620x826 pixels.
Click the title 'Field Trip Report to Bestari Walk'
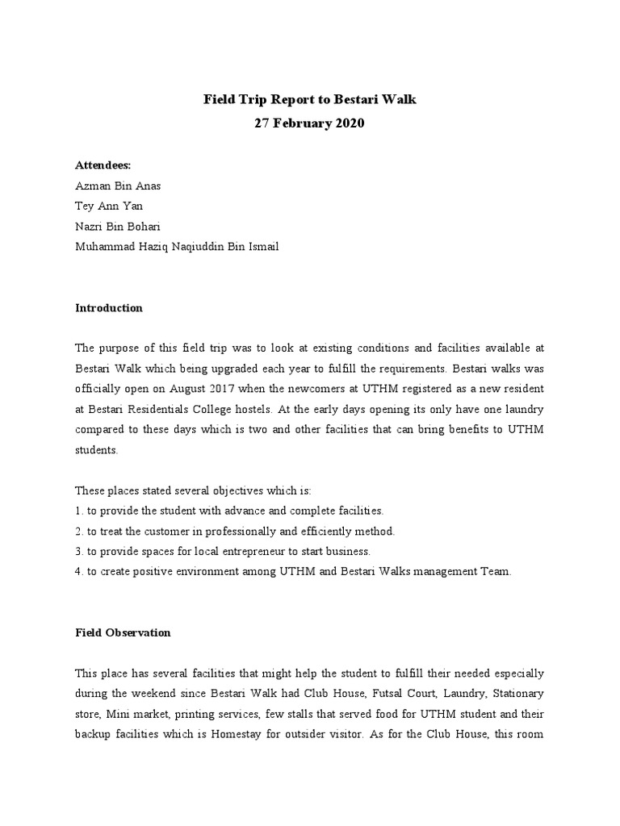309,100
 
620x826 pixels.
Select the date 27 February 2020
309,124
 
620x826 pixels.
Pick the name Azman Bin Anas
118,186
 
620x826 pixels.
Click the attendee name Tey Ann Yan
109,206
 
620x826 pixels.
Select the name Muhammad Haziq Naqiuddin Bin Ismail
177,247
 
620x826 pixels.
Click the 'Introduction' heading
109,308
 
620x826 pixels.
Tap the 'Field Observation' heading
123,633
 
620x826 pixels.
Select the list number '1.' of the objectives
79,511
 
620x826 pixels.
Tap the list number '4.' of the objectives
79,572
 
